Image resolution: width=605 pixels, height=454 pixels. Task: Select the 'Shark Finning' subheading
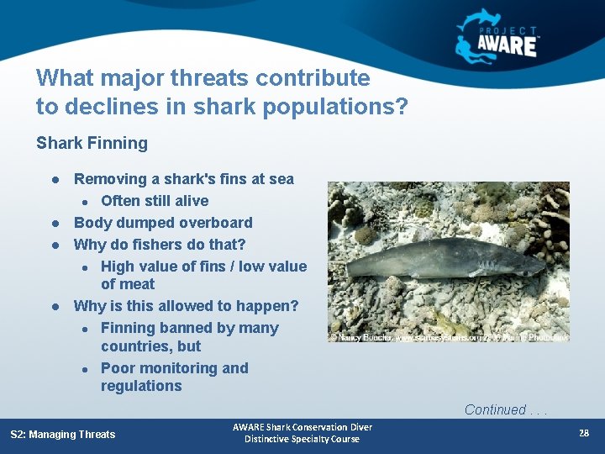[92, 143]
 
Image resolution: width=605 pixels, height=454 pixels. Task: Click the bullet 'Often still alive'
[155, 201]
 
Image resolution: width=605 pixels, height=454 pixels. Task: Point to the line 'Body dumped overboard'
[163, 223]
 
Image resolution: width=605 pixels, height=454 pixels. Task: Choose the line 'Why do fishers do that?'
[160, 245]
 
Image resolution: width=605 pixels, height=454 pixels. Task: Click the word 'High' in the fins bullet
[118, 267]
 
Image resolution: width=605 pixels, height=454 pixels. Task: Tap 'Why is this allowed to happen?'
[186, 306]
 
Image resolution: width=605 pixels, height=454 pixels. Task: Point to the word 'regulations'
[141, 386]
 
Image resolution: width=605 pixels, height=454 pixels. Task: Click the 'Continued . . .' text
[506, 409]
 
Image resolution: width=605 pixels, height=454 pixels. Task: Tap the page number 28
[583, 433]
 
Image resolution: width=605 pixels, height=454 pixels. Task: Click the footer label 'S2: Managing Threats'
[63, 434]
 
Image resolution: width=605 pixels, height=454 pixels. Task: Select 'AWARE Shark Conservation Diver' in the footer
[302, 427]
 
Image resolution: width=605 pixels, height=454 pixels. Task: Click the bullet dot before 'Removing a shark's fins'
[54, 180]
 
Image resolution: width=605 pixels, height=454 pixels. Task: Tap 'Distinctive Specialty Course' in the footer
[302, 439]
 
